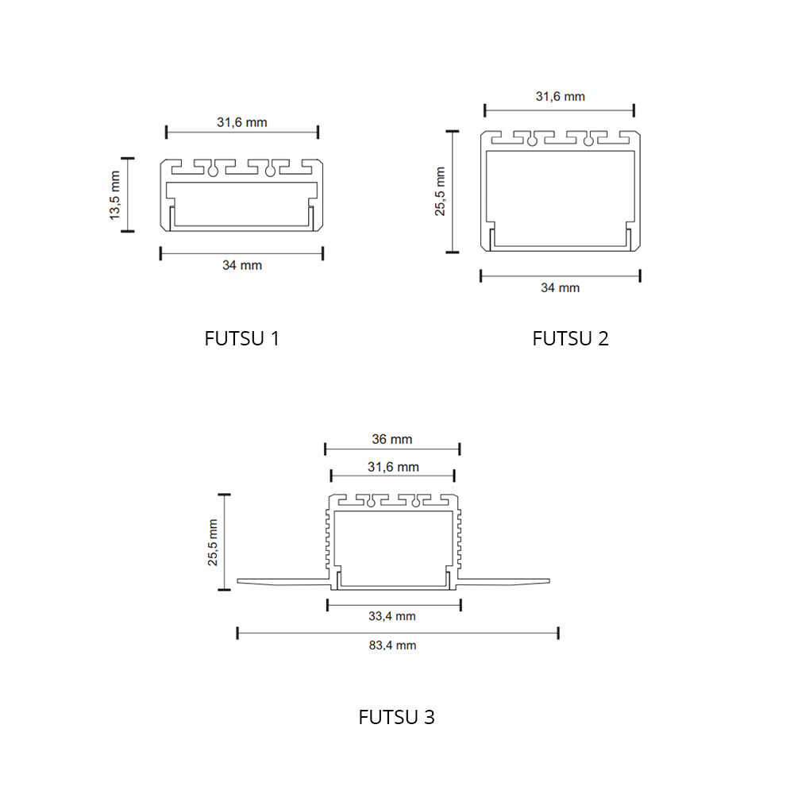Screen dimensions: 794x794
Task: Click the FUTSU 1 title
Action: pos(241,338)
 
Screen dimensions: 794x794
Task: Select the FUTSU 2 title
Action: pos(570,338)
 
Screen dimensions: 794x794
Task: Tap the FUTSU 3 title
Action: pos(396,717)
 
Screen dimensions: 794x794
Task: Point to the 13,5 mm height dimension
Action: pos(115,195)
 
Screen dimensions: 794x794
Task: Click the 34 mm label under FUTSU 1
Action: pos(242,265)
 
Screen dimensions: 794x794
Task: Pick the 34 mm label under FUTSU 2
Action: pos(560,287)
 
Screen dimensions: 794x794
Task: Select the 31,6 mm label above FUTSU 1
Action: pos(242,122)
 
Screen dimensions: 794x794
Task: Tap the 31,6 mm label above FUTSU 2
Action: pos(560,96)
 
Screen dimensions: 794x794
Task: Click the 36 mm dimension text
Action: pos(392,439)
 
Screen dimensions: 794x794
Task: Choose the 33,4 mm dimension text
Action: pos(392,616)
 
